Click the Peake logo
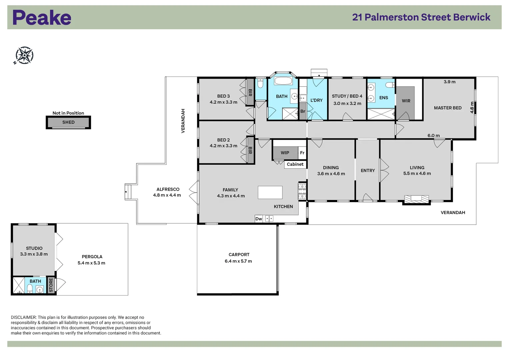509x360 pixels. click(42, 18)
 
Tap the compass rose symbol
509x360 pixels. click(24, 55)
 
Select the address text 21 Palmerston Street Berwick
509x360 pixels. click(421, 17)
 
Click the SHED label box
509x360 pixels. click(68, 122)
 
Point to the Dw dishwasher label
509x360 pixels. click(259, 219)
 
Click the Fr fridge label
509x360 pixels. click(302, 153)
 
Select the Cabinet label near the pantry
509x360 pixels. click(295, 164)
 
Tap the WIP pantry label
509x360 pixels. click(285, 153)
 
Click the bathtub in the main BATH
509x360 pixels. click(283, 81)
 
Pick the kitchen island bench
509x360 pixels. click(270, 193)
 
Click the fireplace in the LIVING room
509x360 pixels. click(416, 199)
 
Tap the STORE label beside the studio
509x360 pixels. click(51, 286)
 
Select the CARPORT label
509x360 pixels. click(239, 255)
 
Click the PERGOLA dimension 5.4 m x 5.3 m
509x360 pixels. click(91, 263)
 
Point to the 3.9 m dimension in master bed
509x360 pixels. click(449, 82)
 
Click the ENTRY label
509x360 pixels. click(368, 171)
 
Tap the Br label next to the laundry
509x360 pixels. click(303, 111)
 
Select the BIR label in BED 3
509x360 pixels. click(250, 92)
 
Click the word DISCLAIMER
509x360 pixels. click(23, 318)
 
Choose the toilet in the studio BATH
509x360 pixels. click(30, 288)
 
